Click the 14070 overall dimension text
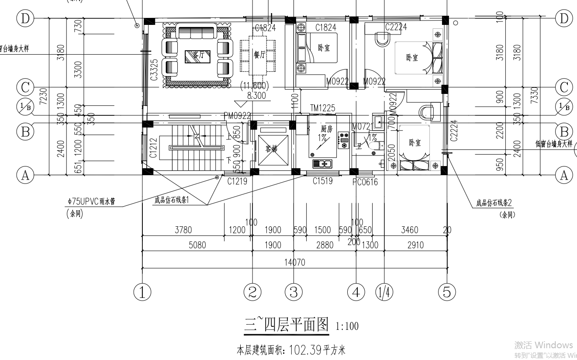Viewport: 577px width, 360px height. pos(295,263)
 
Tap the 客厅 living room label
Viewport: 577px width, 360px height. pos(196,55)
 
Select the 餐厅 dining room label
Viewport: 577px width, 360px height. pos(259,55)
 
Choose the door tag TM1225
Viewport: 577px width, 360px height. pos(322,108)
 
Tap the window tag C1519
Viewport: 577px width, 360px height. pos(322,181)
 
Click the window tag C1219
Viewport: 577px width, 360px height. pos(237,181)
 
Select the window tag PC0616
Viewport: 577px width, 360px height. pos(365,182)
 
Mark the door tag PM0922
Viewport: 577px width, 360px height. pos(237,116)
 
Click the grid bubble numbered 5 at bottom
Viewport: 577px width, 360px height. pos(447,291)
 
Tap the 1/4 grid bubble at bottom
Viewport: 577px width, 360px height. pos(384,291)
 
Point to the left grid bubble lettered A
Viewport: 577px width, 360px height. pos(25,175)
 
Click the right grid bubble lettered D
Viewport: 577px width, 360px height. pos(564,18)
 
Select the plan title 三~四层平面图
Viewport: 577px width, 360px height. pos(286,325)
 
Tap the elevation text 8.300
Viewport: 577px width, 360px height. pos(256,96)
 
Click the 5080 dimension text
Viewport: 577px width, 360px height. pos(197,245)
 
